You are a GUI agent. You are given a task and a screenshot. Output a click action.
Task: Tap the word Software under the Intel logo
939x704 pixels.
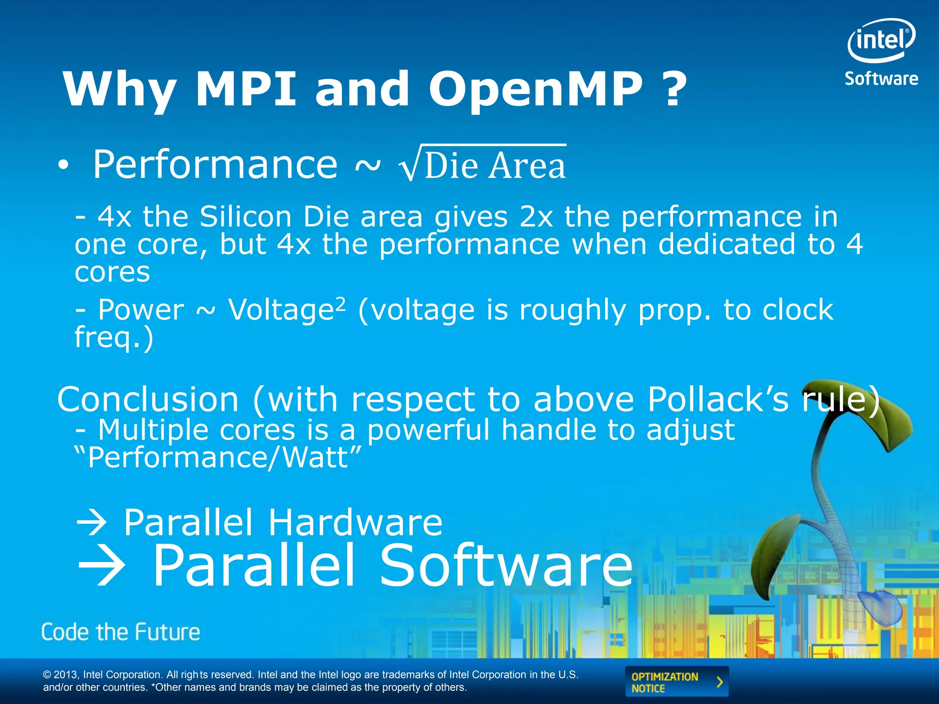[x=881, y=79]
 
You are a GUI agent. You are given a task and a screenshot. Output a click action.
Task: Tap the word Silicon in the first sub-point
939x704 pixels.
[x=245, y=216]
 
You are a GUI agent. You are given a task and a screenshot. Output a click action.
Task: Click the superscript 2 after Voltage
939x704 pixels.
[x=340, y=303]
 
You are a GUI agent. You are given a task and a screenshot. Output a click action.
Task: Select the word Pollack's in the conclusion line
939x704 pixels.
[x=718, y=399]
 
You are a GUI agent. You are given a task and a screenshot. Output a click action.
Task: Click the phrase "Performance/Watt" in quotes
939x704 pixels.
[x=218, y=457]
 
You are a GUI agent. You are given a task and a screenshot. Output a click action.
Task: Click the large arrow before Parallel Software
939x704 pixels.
[x=102, y=566]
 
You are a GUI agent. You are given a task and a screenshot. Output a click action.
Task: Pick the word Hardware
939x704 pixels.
[x=355, y=522]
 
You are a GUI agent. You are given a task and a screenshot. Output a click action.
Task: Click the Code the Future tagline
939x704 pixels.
[x=121, y=632]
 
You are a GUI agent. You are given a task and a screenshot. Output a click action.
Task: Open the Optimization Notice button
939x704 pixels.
[x=676, y=682]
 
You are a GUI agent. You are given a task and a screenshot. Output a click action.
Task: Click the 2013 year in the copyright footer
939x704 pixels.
[x=66, y=675]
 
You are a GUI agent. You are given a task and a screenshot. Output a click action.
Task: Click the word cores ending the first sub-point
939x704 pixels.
[x=112, y=273]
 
